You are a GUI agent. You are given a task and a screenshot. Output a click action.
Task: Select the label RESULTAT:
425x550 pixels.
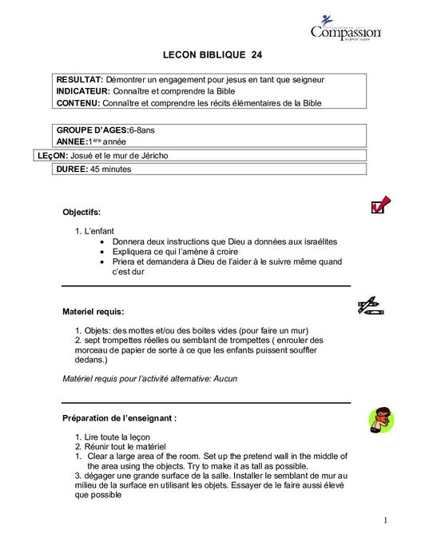(x=80, y=80)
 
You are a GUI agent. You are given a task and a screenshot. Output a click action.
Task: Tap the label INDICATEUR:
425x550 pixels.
(x=84, y=91)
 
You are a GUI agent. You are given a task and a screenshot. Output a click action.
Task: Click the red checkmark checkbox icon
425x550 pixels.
(x=380, y=205)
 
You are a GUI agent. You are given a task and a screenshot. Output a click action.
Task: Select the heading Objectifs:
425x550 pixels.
(x=81, y=212)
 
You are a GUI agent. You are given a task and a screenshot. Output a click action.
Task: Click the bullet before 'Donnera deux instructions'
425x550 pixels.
(x=103, y=241)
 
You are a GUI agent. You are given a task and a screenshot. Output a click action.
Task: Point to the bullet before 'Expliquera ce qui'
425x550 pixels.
(x=103, y=251)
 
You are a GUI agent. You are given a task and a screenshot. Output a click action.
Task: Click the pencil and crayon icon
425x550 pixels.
(x=371, y=305)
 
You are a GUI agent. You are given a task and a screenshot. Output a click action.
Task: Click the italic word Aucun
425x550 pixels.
(x=225, y=378)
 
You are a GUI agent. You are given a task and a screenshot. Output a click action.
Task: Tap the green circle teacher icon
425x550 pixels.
(x=380, y=418)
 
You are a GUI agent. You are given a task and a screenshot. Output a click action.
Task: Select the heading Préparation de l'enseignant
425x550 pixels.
(x=119, y=417)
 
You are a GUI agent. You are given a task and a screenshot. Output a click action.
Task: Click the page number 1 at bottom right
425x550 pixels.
(x=384, y=520)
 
